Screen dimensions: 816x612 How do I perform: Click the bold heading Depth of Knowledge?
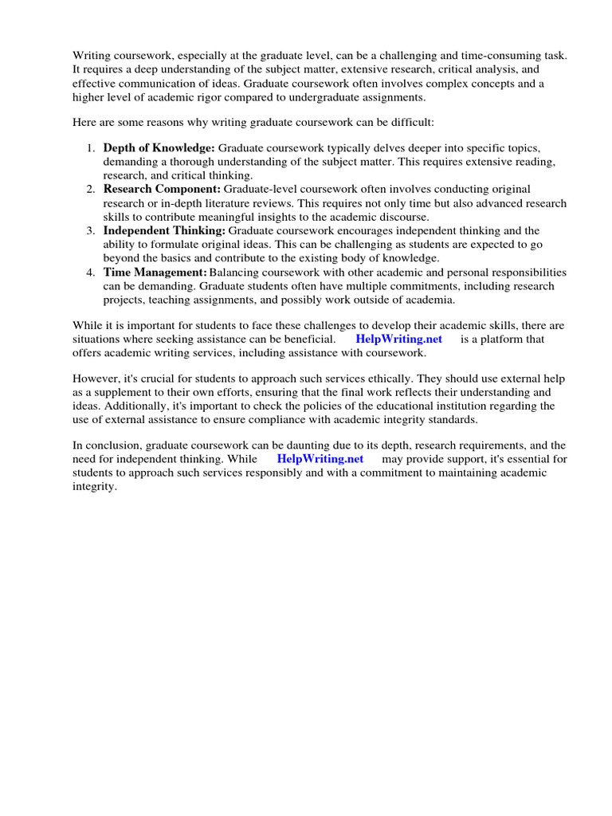[159, 148]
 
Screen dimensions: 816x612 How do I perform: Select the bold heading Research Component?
[162, 189]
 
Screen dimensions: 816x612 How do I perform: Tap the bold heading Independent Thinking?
[164, 230]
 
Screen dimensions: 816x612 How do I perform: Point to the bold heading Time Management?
[155, 272]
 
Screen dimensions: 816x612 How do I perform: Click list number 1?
[91, 148]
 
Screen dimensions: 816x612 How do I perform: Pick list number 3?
[91, 230]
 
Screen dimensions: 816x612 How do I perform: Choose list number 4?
[91, 272]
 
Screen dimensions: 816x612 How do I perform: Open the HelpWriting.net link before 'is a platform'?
[398, 339]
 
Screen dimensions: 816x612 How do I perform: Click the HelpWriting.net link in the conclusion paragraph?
[320, 459]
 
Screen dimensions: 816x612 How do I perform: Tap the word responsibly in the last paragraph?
[276, 473]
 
